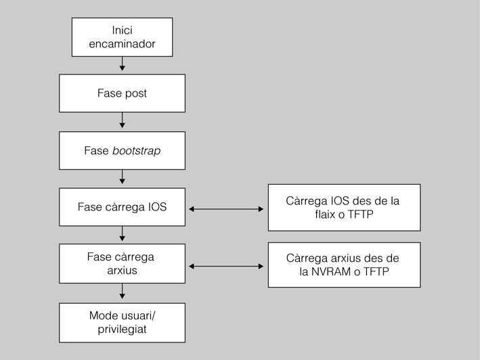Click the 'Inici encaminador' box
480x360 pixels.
point(123,37)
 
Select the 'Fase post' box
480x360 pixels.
point(122,93)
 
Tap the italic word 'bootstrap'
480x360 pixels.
point(138,150)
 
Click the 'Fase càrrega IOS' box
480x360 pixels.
point(122,207)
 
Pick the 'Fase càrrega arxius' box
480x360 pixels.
point(122,264)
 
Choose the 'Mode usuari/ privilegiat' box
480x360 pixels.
point(122,322)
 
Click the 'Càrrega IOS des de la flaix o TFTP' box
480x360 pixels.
point(344,208)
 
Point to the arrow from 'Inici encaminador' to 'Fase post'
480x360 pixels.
point(123,64)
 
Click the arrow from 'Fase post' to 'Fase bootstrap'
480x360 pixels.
point(123,121)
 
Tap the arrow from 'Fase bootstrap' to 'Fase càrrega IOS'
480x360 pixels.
point(123,178)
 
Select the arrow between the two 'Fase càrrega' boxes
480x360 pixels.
point(123,235)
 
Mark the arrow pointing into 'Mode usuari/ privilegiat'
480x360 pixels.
point(123,292)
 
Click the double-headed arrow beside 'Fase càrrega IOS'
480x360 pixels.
point(226,209)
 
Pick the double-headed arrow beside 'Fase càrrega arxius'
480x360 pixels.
point(226,267)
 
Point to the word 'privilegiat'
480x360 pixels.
point(122,329)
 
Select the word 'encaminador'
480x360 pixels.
point(123,44)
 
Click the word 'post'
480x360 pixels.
point(135,93)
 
